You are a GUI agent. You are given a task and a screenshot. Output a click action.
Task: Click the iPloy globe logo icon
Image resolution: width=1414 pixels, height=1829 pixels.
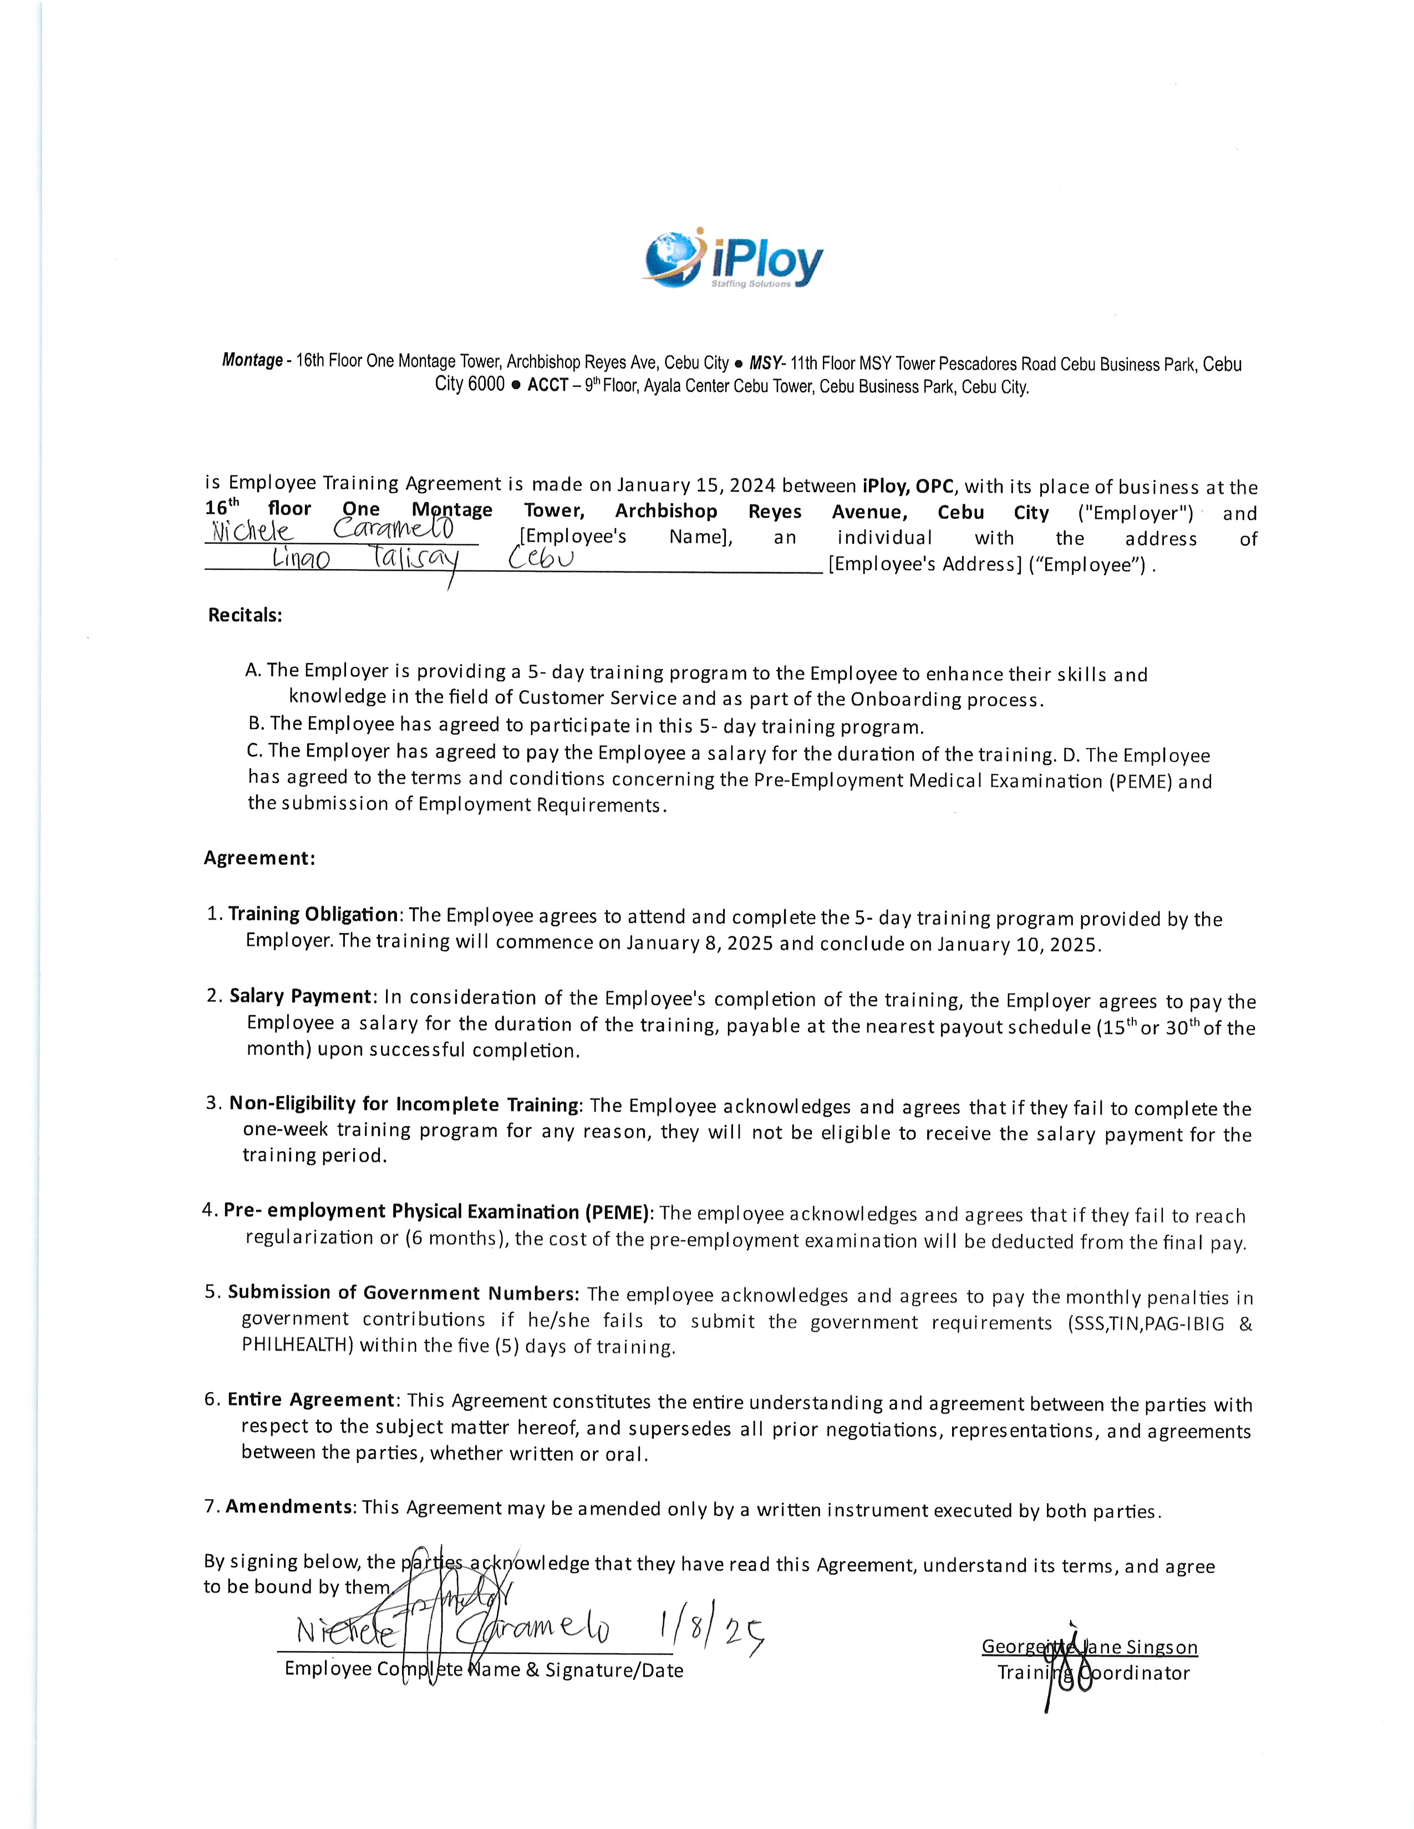click(x=671, y=256)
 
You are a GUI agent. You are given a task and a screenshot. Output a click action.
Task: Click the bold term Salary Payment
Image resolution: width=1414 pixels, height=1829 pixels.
click(x=300, y=996)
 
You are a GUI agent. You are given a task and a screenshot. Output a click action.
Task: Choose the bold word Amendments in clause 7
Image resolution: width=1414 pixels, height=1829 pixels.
click(x=289, y=1506)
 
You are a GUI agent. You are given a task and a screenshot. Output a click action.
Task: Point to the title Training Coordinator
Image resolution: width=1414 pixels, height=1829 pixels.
click(x=1092, y=1673)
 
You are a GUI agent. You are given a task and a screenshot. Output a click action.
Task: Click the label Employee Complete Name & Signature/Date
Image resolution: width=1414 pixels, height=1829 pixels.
click(x=484, y=1670)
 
